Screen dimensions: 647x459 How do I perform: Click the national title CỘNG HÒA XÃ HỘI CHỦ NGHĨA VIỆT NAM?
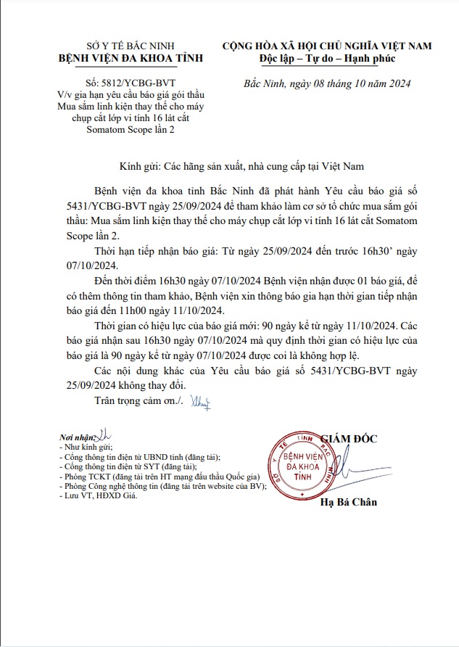(x=327, y=46)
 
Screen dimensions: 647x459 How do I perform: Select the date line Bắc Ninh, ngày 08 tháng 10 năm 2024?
(x=327, y=83)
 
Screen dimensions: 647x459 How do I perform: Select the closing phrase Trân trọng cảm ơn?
(x=138, y=400)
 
